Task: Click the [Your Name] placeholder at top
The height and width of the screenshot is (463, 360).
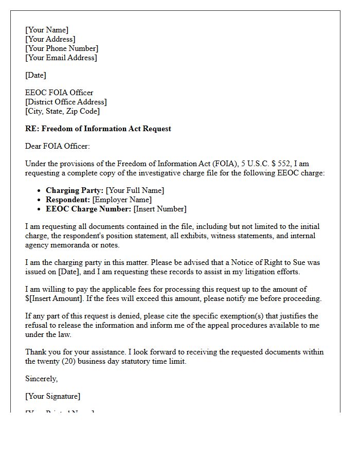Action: [x=47, y=30]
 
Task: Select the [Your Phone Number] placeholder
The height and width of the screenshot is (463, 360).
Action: [x=62, y=48]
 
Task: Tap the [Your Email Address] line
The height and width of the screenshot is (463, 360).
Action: [x=61, y=58]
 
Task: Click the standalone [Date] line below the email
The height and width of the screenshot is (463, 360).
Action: [x=35, y=75]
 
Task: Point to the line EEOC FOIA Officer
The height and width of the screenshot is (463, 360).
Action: [x=59, y=93]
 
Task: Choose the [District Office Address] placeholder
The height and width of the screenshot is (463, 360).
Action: [x=66, y=102]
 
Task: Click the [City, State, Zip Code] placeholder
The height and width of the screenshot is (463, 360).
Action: [x=62, y=111]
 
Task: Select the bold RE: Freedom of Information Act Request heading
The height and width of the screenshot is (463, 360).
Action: [x=98, y=129]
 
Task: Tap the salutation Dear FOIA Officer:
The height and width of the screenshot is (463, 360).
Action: [x=58, y=146]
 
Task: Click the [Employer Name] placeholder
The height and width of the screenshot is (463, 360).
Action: [x=122, y=200]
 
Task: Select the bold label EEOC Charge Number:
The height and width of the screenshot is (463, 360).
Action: [x=88, y=209]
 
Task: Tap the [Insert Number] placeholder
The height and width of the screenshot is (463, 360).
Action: [x=160, y=209]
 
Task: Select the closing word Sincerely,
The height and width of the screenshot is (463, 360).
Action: [x=42, y=379]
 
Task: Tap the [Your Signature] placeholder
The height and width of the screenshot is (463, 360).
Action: [x=52, y=396]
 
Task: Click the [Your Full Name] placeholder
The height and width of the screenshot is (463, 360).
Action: [x=135, y=190]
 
